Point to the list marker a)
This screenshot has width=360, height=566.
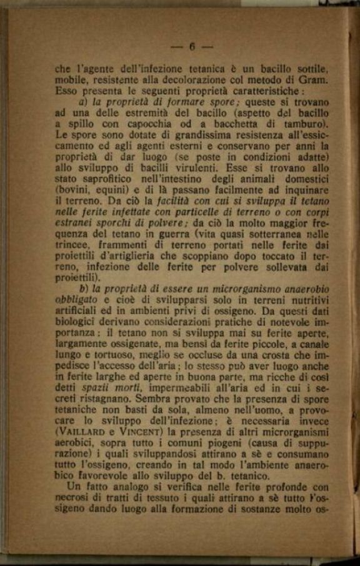(x=84, y=101)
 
